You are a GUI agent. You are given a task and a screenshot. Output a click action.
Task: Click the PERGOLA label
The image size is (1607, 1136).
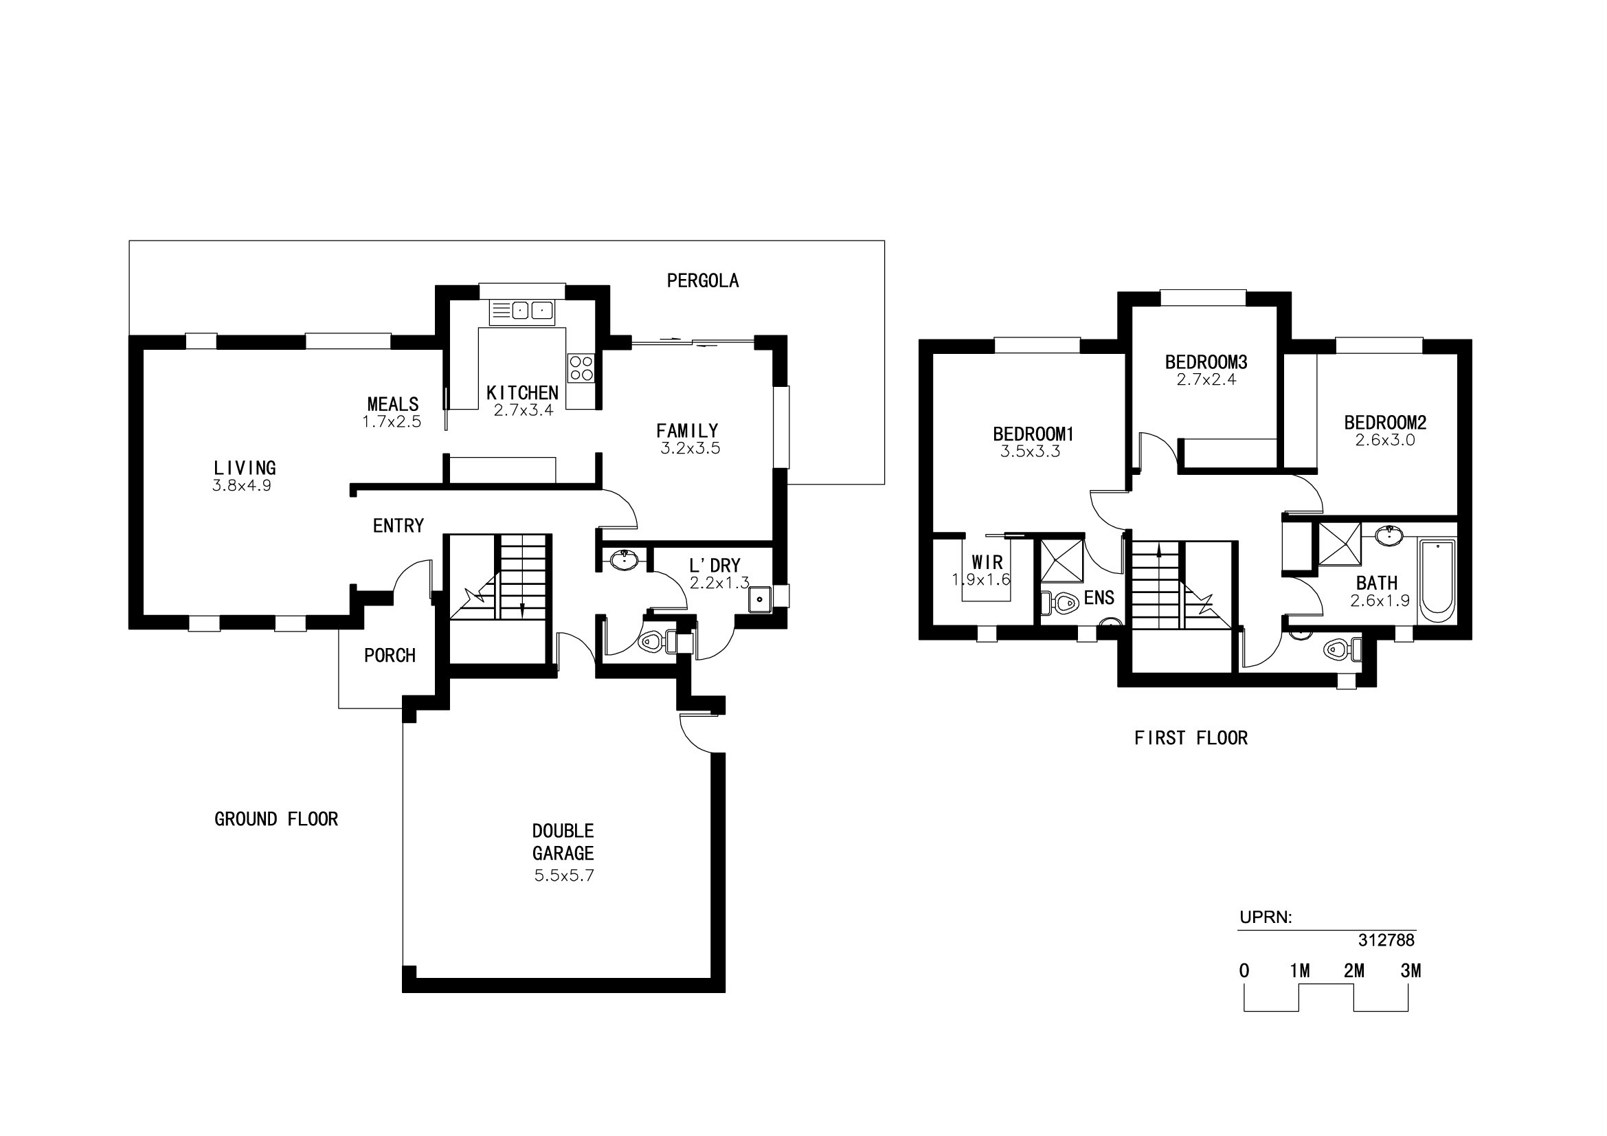pos(702,280)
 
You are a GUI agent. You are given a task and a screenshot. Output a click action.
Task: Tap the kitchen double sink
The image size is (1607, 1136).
pos(521,310)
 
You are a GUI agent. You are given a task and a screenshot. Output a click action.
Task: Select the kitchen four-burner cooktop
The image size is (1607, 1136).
pos(581,368)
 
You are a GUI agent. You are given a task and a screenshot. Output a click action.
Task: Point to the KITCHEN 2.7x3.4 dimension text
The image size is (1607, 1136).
pos(524,411)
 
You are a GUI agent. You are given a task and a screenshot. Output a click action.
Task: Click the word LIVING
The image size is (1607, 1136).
pos(245,467)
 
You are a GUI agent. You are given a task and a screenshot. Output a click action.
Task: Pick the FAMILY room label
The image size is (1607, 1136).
pos(687,430)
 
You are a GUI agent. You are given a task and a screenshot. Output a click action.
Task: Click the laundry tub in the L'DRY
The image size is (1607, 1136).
pos(759,600)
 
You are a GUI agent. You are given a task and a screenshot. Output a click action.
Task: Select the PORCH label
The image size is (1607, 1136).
pos(390,655)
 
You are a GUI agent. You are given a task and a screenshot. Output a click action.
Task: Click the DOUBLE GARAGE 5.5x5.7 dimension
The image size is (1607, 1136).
pos(564,876)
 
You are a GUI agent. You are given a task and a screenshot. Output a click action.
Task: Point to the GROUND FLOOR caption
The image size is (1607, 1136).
pos(276,819)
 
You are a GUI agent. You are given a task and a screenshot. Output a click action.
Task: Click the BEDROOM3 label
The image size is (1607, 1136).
pos(1206,362)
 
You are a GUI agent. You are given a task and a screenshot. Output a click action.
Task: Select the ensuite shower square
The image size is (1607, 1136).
pos(1061,561)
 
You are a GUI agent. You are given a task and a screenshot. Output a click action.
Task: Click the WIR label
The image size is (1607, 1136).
pos(987,562)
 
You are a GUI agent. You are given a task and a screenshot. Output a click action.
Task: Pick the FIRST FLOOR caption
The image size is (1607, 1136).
pos(1191,737)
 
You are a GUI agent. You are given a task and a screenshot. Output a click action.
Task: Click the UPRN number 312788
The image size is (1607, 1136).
pos(1386,940)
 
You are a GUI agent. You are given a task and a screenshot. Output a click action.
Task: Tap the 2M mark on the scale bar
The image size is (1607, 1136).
pos(1353,971)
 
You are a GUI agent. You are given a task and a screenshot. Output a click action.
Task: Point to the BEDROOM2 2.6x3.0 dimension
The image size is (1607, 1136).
pos(1385,441)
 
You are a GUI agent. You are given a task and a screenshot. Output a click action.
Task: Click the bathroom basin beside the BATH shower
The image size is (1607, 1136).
pos(1389,535)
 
